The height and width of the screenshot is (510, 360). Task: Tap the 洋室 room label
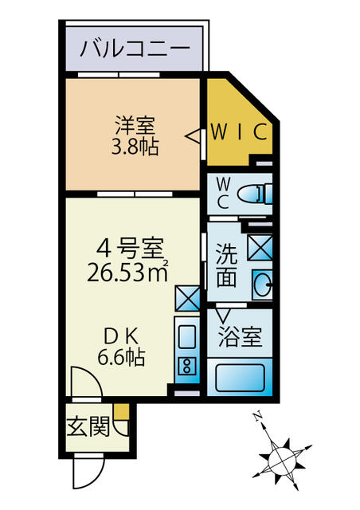coord(135,125)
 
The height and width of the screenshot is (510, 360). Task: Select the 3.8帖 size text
coord(134,146)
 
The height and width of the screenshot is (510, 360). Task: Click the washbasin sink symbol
coord(263,281)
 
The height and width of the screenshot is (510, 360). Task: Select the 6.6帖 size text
coord(121,358)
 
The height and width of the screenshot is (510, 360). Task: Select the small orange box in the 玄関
coord(119,413)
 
